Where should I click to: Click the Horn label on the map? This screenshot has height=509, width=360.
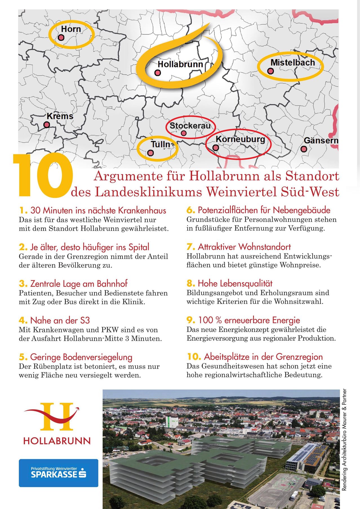tap(71, 29)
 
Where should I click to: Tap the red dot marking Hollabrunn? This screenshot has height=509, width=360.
tap(158, 73)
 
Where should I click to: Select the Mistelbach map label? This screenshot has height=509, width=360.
tap(293, 63)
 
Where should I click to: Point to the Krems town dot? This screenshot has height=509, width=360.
tap(47, 124)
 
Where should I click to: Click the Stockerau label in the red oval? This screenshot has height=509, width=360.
tap(190, 126)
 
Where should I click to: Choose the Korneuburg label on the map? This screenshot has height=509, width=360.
tap(240, 139)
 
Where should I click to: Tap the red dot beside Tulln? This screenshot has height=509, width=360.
tap(150, 153)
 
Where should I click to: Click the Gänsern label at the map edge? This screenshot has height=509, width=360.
tap(321, 140)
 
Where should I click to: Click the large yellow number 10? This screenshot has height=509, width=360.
tap(42, 176)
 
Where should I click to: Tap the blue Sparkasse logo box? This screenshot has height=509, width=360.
tap(59, 473)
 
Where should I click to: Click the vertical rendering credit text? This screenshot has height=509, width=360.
tap(344, 440)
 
